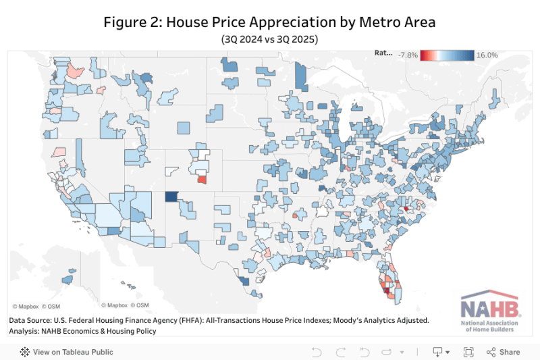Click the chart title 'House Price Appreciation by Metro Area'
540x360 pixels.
(269, 22)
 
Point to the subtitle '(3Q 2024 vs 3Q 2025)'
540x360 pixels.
(269, 39)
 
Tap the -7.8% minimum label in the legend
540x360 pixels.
(408, 55)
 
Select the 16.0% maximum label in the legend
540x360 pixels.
(487, 55)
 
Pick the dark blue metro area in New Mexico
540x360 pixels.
(172, 197)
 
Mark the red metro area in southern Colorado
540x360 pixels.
(202, 180)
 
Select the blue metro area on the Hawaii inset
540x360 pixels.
(67, 279)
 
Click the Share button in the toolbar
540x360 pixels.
(504, 352)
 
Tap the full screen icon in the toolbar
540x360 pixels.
(468, 352)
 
